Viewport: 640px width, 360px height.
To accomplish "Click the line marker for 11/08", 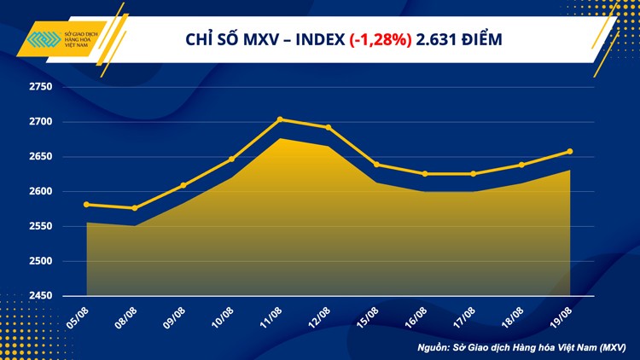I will click(280, 119).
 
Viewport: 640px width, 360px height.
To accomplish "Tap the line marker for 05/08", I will click(87, 204).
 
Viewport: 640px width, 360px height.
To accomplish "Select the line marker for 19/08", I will click(570, 152).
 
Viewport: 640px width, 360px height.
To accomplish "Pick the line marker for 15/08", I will click(377, 165).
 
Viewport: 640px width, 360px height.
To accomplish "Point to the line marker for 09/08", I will click(183, 185).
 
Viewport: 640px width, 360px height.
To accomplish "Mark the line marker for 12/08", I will click(329, 127).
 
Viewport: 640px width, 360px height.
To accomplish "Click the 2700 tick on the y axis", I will click(40, 122).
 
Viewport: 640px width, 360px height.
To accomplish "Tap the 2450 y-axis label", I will click(40, 296).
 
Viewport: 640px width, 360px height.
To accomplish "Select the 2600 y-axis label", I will click(40, 192).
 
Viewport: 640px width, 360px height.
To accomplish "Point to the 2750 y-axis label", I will click(40, 87).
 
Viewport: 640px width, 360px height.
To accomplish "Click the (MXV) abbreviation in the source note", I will click(609, 347).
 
